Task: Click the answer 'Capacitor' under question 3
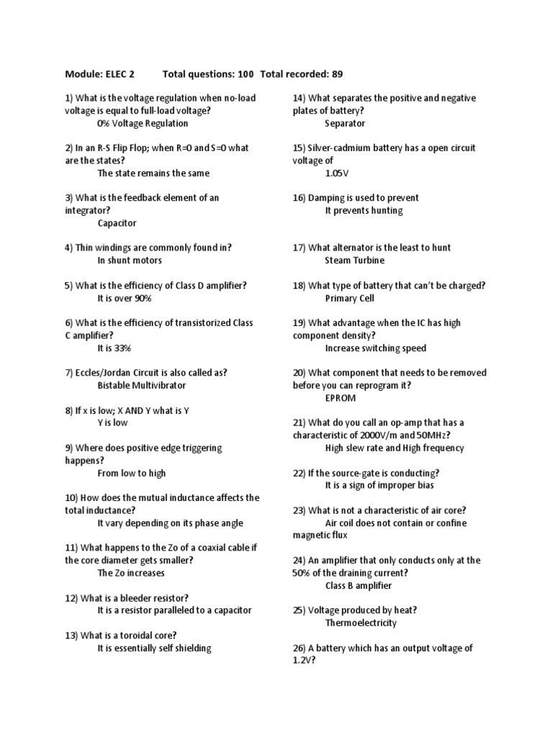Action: pos(117,223)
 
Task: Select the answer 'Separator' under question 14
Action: pos(346,124)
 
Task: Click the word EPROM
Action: pos(340,397)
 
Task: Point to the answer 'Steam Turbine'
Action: pos(354,261)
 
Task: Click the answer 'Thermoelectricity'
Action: pos(361,623)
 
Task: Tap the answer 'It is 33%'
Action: pos(114,348)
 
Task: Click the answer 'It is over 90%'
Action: pos(124,298)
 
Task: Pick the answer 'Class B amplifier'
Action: pos(359,586)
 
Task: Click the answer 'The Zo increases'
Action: pos(131,573)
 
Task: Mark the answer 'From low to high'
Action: pos(132,473)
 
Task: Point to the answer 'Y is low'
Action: pos(112,422)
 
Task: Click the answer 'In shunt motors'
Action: pos(130,261)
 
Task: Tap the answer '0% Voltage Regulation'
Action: pos(143,124)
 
